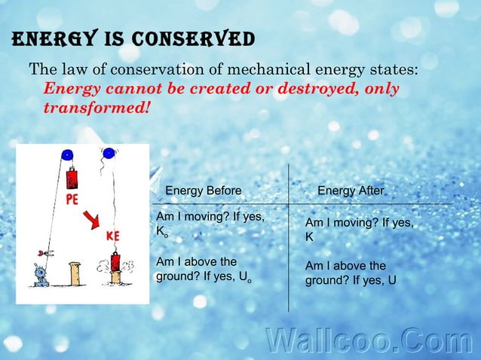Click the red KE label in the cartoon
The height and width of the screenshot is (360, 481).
point(113,236)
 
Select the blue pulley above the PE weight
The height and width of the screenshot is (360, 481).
point(67,155)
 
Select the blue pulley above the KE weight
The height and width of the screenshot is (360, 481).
point(109,153)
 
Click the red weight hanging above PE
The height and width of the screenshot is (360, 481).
point(72,178)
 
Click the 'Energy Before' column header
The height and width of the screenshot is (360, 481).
point(203,191)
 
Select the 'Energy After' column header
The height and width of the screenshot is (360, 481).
point(351,191)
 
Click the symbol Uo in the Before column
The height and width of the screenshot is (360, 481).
point(244,277)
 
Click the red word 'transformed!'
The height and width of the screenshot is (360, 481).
point(97,107)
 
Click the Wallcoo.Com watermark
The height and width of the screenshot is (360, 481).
point(369,340)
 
